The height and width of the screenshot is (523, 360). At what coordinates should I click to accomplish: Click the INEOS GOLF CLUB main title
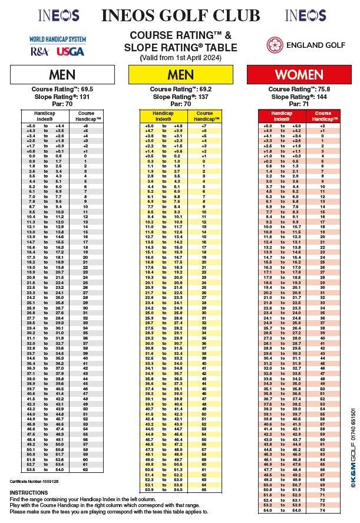tap(180, 15)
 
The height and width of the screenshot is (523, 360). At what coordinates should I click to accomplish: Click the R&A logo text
tap(41, 52)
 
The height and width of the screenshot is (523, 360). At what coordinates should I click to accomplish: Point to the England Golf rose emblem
tap(274, 45)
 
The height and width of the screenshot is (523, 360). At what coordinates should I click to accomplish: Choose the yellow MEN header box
tap(180, 74)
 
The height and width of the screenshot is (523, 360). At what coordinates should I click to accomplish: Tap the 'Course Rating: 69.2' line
tap(180, 90)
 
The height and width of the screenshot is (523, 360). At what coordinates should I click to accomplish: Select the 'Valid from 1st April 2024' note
tap(180, 58)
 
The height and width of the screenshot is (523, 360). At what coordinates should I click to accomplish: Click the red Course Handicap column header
tap(323, 116)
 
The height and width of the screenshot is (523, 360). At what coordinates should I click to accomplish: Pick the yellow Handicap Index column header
tap(163, 116)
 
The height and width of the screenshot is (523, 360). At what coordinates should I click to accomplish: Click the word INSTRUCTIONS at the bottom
tap(29, 492)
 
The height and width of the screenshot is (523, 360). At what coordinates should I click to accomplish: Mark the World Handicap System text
tap(58, 40)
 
